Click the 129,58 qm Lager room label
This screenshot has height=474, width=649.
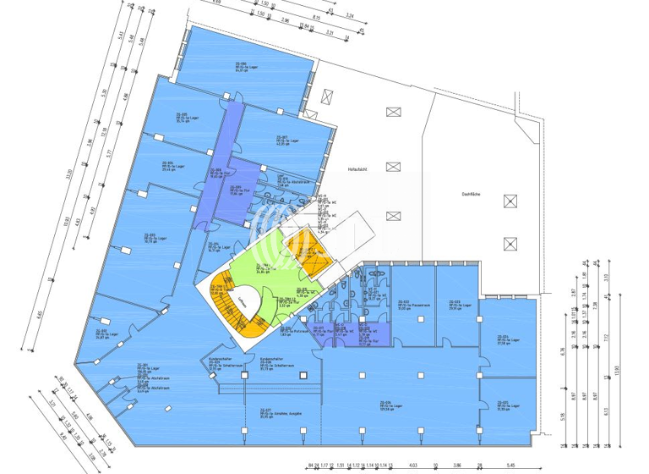point(390,405)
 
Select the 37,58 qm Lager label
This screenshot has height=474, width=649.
point(504,341)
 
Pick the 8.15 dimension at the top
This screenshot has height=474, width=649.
point(315,16)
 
